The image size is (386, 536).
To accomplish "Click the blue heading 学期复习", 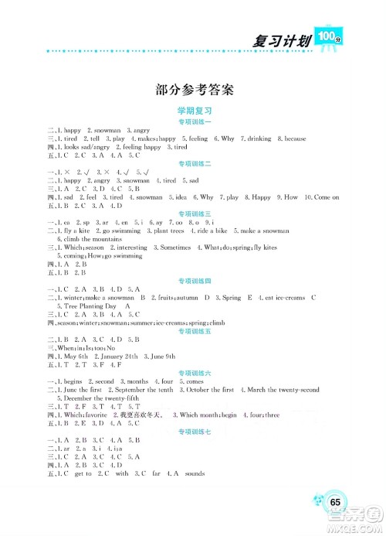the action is (195, 111).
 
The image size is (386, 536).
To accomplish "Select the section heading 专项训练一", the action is (195, 122).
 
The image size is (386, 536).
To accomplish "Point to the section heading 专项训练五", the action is (195, 329).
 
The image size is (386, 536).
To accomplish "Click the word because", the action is (293, 138).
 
